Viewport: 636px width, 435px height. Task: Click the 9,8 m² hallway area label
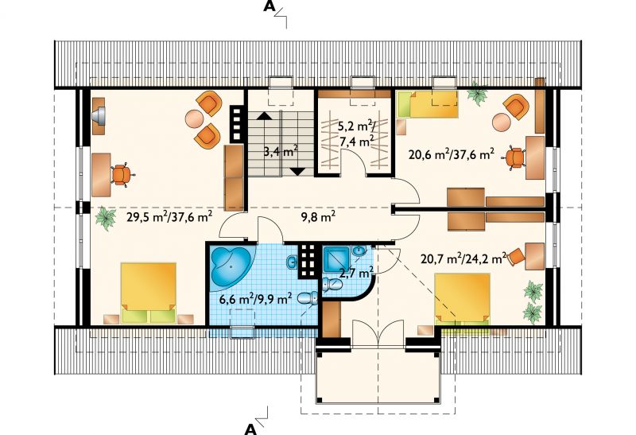pyautogui.click(x=318, y=218)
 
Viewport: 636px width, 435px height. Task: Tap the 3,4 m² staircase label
pyautogui.click(x=281, y=152)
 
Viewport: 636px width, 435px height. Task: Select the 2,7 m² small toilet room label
pyautogui.click(x=356, y=272)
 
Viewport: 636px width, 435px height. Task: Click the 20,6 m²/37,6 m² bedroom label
pyautogui.click(x=451, y=154)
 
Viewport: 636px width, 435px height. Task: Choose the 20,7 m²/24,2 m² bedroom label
pyautogui.click(x=463, y=258)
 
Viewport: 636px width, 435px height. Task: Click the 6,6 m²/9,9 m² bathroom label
pyautogui.click(x=255, y=299)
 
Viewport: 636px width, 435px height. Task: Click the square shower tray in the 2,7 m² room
pyautogui.click(x=336, y=258)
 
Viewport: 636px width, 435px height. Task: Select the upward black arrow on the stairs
pyautogui.click(x=264, y=115)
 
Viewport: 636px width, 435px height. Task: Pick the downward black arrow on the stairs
pyautogui.click(x=298, y=171)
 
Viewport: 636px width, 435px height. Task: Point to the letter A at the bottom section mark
pyautogui.click(x=250, y=429)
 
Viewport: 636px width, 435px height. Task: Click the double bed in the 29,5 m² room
pyautogui.click(x=149, y=293)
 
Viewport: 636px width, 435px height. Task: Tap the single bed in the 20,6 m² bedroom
pyautogui.click(x=428, y=104)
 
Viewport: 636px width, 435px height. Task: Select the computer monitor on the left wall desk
pyautogui.click(x=99, y=114)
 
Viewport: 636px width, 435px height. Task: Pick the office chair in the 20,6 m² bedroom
pyautogui.click(x=514, y=158)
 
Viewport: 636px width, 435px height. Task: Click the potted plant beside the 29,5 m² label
pyautogui.click(x=106, y=218)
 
